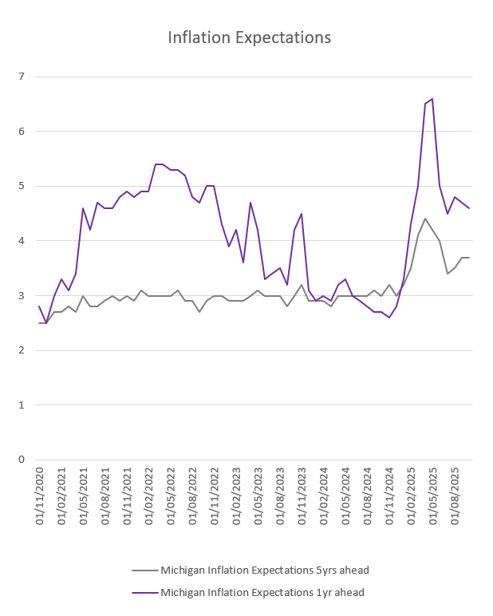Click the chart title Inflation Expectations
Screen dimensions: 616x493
[x=249, y=38]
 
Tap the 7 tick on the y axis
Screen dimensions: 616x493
[x=22, y=77]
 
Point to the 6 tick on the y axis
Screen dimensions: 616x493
[x=22, y=131]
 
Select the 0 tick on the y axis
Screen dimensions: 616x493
[x=22, y=460]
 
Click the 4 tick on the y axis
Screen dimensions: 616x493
[x=22, y=240]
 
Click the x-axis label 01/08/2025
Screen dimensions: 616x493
[x=455, y=494]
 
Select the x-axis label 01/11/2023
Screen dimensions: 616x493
[x=302, y=494]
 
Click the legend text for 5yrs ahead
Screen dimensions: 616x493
[x=264, y=570]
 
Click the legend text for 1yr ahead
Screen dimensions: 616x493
[x=262, y=592]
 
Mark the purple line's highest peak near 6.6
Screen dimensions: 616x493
[x=432, y=99]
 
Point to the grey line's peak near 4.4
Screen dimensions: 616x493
[x=425, y=219]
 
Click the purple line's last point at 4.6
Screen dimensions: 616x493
[x=469, y=208]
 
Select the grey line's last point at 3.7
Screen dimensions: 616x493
[x=469, y=258]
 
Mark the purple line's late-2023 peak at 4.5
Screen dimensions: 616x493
[x=302, y=214]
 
